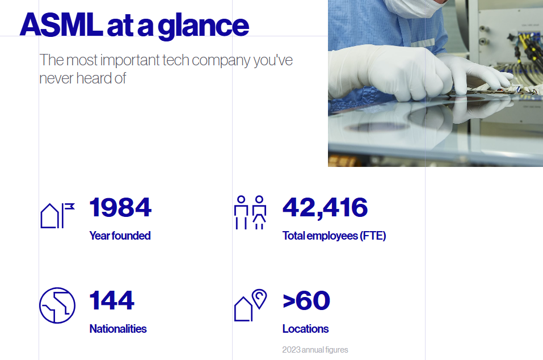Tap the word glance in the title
coord(203,27)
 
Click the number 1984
coord(120,208)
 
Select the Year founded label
coord(120,236)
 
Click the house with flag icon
coord(57,215)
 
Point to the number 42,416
coord(325,208)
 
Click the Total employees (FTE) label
coord(334,236)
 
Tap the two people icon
coord(250,213)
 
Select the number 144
coord(112,301)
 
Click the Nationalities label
coord(118,329)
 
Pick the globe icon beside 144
coord(57,305)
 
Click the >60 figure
coord(306,301)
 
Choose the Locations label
coord(305,329)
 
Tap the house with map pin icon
coord(250,306)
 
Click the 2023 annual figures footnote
coord(315,350)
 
